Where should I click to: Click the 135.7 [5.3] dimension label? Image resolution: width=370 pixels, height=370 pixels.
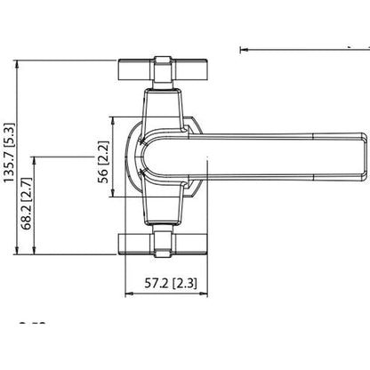click(x=10, y=157)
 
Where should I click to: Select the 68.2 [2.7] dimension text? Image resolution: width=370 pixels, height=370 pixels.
click(x=26, y=205)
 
